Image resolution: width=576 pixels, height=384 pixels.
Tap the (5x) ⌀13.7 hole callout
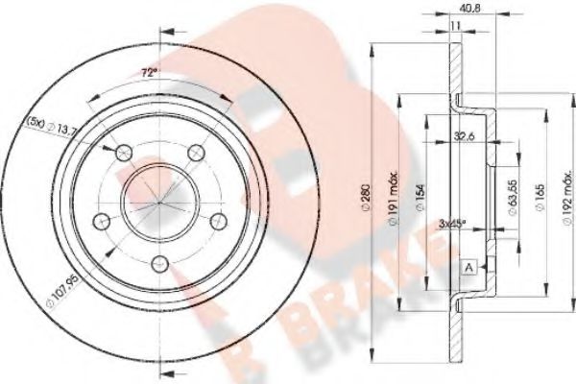click(50, 128)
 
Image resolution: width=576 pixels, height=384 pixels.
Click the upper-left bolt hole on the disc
click(123, 151)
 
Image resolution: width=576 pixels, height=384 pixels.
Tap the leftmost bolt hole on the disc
click(101, 219)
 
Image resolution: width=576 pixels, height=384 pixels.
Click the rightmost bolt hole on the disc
click(218, 218)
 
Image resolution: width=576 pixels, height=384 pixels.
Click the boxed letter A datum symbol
click(468, 265)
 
